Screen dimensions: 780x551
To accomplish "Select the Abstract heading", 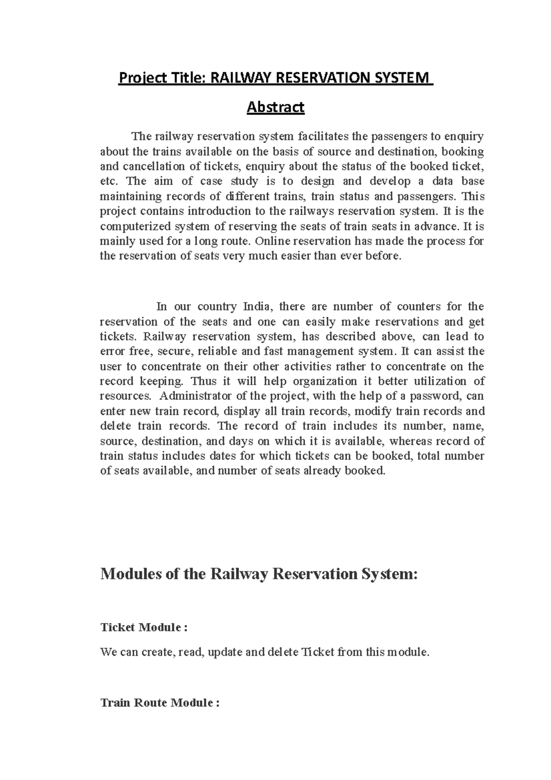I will (x=275, y=107).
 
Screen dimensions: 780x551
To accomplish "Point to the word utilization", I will (x=440, y=381).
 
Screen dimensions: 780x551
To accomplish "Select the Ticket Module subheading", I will (x=144, y=627).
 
